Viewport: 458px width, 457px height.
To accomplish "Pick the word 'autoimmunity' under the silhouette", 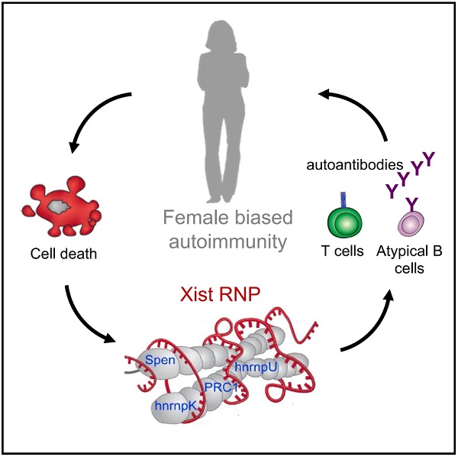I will [x=228, y=244].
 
